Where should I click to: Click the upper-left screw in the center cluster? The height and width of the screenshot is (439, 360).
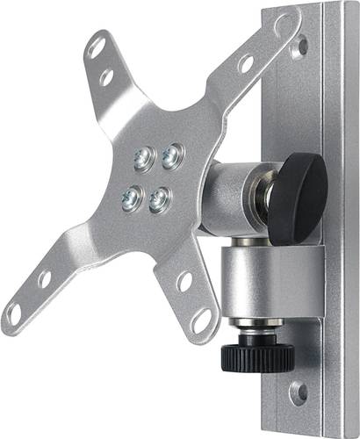pos(143,159)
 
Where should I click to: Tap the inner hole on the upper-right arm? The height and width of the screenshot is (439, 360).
pos(247,63)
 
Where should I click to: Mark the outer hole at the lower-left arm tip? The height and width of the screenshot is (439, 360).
pos(13,312)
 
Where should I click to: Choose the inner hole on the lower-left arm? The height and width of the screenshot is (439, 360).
pos(43,279)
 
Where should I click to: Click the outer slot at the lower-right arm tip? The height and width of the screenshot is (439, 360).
pos(201,320)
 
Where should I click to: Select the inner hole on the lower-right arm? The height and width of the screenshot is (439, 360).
pos(184,282)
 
